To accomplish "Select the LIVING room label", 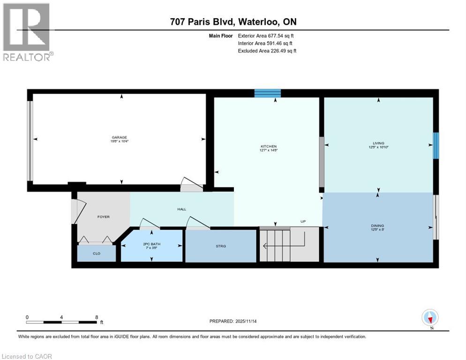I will pos(378,143).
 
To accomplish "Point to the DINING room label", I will pos(378,225).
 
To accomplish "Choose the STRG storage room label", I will pos(221,246).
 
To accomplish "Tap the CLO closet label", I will pos(96,253).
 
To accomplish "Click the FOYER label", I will pos(103,217).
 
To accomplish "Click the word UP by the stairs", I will pos(303,221).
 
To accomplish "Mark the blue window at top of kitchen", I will pos(267,93).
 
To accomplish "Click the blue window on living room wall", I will pos(436,146).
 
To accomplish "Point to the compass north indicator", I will pos(430,318).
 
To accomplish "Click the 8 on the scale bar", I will pos(97,317).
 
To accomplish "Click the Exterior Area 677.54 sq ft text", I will pos(266,35).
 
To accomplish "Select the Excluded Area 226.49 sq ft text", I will pos(267,51).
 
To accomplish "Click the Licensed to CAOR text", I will pos(27,356).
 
